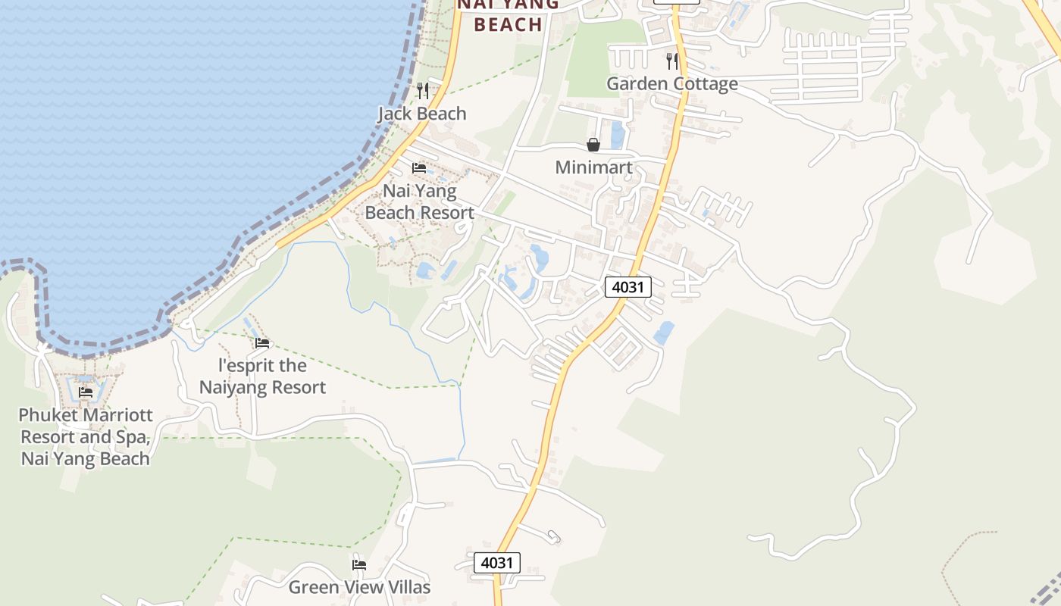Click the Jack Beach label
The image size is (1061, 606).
(x=421, y=114)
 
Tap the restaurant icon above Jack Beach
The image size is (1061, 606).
(x=423, y=91)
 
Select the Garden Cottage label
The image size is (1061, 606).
(x=671, y=83)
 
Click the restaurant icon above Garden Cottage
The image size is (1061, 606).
(x=672, y=61)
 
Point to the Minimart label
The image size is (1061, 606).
(x=593, y=167)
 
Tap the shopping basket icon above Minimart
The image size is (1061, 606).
(x=593, y=144)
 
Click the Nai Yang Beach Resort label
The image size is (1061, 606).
(x=419, y=201)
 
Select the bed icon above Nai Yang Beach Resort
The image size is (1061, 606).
(x=419, y=167)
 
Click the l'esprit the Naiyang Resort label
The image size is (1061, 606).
(x=262, y=376)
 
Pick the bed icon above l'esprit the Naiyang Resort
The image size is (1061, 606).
(x=262, y=343)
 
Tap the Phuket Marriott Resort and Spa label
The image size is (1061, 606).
(x=86, y=437)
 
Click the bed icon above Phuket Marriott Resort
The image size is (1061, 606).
(x=86, y=392)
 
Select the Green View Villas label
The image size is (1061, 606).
(x=359, y=587)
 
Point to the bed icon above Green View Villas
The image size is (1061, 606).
(x=359, y=565)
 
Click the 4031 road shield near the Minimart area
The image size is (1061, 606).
(x=628, y=287)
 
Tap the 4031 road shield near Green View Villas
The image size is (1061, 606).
(x=497, y=563)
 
